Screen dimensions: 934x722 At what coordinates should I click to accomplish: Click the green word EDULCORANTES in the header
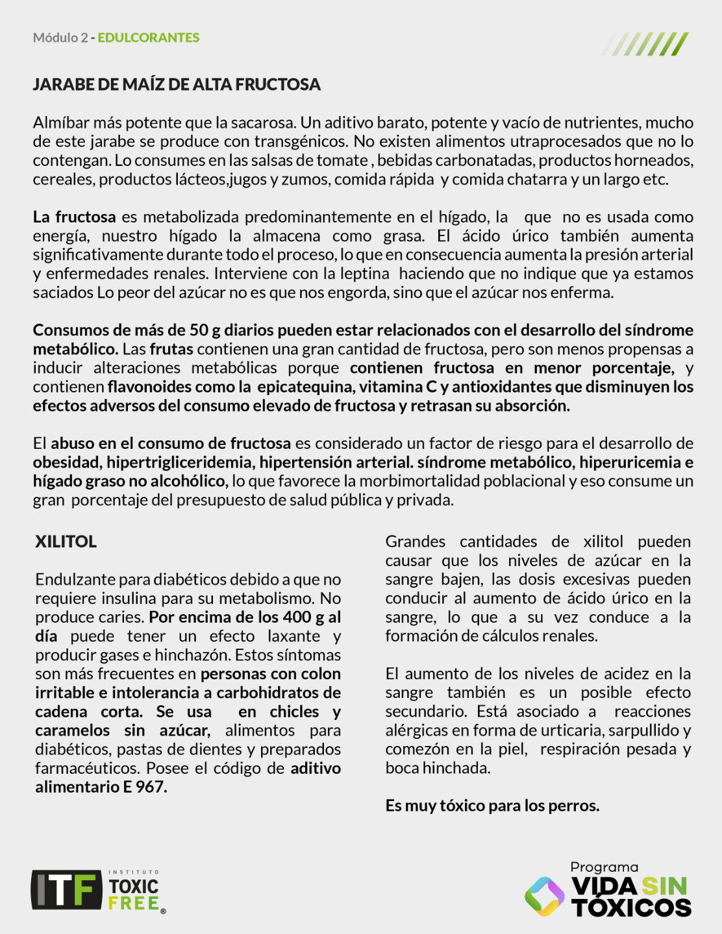coord(149,38)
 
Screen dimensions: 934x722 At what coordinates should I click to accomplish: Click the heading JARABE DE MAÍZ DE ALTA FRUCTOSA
coord(177,84)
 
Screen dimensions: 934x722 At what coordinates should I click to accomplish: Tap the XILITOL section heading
coord(66,542)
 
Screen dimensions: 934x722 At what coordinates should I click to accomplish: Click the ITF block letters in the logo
coord(66,889)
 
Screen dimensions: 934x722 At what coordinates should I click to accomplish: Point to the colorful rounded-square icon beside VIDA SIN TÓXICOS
coord(544,896)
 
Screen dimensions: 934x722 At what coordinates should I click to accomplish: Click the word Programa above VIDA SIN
coord(604,867)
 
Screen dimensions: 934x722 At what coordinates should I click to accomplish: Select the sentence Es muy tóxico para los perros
coord(492,806)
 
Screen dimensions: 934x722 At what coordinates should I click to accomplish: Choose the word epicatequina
coord(305,387)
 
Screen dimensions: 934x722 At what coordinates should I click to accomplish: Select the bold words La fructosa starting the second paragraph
coord(75,217)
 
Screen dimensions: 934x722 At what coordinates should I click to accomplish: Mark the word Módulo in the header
coord(55,38)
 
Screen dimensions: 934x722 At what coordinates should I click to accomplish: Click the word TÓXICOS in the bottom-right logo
coord(632,907)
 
